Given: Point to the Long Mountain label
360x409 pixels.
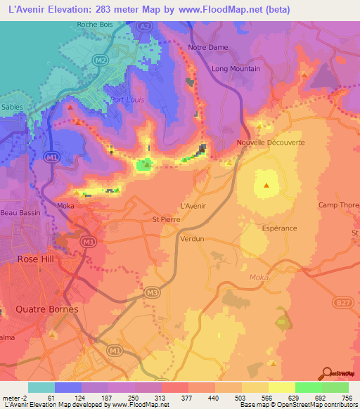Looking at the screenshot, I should pyautogui.click(x=236, y=69).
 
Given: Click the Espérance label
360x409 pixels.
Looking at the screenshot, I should pyautogui.click(x=281, y=228).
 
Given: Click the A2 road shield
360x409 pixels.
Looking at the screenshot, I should pyautogui.click(x=145, y=26).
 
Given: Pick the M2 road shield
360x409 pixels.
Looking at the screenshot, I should pyautogui.click(x=101, y=60).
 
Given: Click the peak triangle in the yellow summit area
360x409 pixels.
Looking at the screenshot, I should pyautogui.click(x=266, y=186).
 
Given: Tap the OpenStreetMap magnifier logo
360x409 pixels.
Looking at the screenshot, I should pyautogui.click(x=328, y=373).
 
